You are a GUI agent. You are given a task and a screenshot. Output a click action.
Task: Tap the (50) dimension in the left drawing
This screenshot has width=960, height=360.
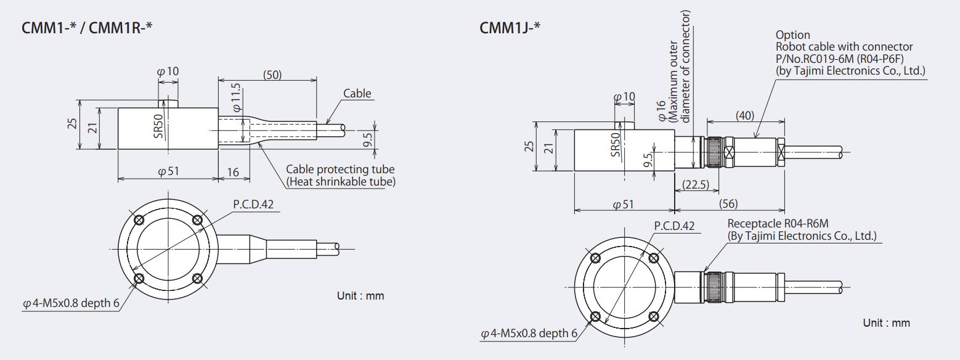pyautogui.click(x=272, y=75)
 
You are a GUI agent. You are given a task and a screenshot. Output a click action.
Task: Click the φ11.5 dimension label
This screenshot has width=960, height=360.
pyautogui.click(x=237, y=97)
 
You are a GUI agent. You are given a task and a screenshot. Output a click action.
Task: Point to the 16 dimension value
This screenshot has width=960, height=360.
pyautogui.click(x=233, y=173)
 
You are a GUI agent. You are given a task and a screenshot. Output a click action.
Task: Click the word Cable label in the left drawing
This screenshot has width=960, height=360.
pyautogui.click(x=357, y=93)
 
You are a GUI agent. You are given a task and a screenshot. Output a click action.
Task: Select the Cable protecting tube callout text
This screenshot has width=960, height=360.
pyautogui.click(x=340, y=170)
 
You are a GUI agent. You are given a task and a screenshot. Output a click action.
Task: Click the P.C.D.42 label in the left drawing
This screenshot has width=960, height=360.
pyautogui.click(x=253, y=205)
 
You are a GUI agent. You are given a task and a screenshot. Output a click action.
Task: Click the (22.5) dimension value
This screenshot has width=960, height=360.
pyautogui.click(x=695, y=184)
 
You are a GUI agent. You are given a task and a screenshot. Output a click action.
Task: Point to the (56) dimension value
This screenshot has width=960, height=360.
pyautogui.click(x=728, y=203)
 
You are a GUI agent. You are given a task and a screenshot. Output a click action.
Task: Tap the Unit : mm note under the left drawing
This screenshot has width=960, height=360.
pyautogui.click(x=360, y=296)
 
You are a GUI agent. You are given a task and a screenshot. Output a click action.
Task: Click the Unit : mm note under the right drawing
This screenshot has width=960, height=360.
pyautogui.click(x=886, y=323)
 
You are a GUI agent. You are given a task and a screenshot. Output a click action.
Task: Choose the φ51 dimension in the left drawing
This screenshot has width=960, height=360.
pyautogui.click(x=168, y=172)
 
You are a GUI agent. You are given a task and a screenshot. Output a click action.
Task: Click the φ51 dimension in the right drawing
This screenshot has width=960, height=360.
pyautogui.click(x=624, y=204)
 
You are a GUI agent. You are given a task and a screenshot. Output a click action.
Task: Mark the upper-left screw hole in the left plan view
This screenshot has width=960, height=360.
pyautogui.click(x=139, y=220)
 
